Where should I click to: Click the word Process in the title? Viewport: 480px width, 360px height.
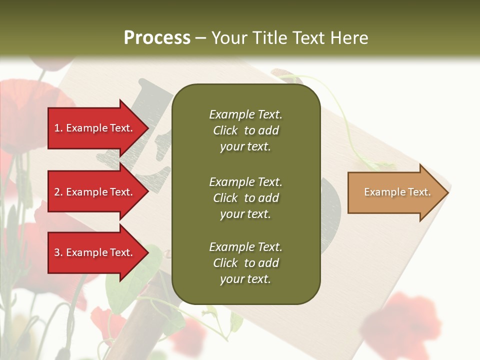[x=157, y=38]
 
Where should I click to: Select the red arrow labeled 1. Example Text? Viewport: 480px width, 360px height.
[x=95, y=128]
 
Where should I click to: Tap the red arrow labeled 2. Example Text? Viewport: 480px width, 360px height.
[x=95, y=192]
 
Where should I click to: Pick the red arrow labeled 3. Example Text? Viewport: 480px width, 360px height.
[x=95, y=252]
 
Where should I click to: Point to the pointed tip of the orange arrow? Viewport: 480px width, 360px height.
[x=447, y=192]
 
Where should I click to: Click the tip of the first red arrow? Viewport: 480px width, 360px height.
[x=147, y=128]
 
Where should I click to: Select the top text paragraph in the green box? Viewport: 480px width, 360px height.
[x=245, y=130]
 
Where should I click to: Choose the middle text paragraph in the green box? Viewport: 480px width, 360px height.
[x=245, y=197]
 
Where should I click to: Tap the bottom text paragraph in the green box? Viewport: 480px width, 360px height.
[x=245, y=263]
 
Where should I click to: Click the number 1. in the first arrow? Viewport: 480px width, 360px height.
[x=58, y=128]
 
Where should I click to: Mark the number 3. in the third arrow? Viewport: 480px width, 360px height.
[x=58, y=252]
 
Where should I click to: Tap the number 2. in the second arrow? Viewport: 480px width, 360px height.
[x=58, y=192]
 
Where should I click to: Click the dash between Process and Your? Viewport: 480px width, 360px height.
[x=201, y=38]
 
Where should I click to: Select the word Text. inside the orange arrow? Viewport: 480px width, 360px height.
[x=419, y=192]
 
